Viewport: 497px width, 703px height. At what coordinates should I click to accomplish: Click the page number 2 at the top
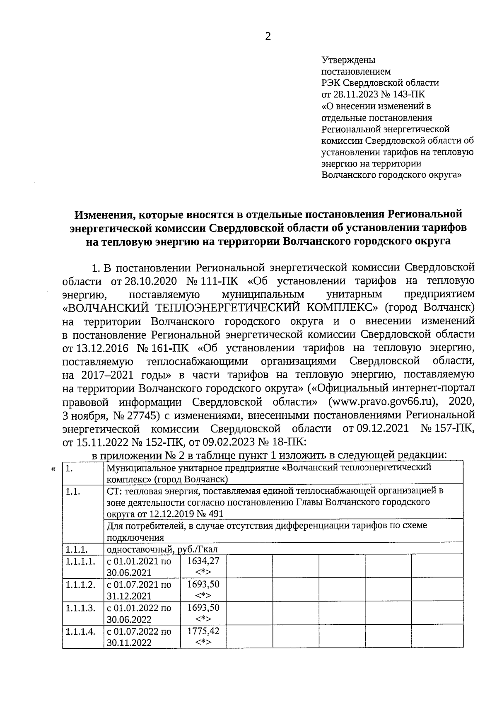point(268,37)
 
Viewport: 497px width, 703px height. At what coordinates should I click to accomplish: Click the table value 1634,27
point(203,561)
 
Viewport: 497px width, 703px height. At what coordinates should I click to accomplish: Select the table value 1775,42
point(203,631)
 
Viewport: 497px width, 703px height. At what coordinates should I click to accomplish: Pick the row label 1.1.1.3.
point(81,608)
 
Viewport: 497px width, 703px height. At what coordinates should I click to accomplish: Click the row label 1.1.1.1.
point(81,562)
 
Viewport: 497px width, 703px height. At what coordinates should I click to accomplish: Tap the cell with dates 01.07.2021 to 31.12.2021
point(139,590)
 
